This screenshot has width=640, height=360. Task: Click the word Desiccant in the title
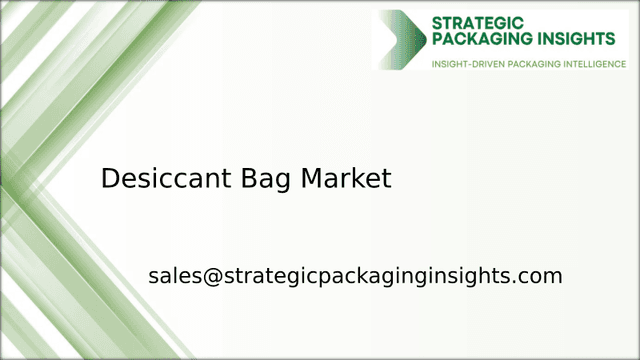coord(166,179)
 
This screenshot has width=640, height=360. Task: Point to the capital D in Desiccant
coord(111,179)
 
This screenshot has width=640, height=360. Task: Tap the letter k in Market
coord(357,179)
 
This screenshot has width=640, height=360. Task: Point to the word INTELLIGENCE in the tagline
coord(590,64)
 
